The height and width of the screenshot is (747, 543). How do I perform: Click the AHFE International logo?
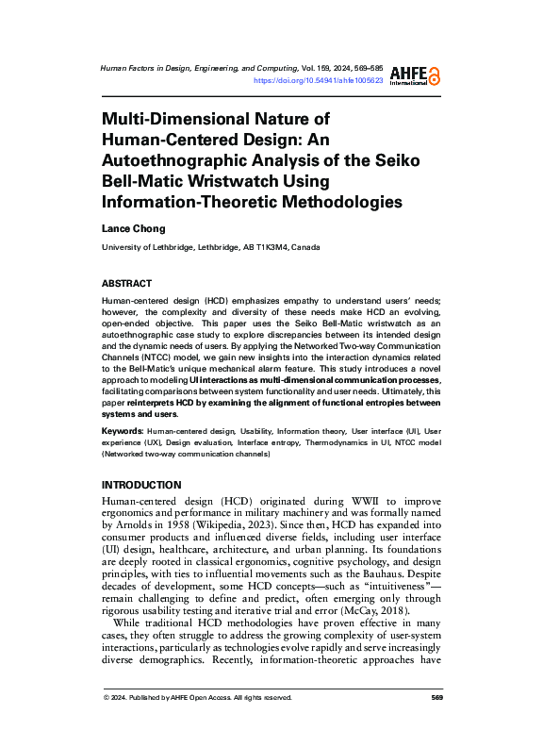click(420, 75)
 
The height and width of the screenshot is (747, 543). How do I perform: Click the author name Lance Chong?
click(133, 228)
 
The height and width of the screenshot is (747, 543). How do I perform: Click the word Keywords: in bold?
click(123, 430)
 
